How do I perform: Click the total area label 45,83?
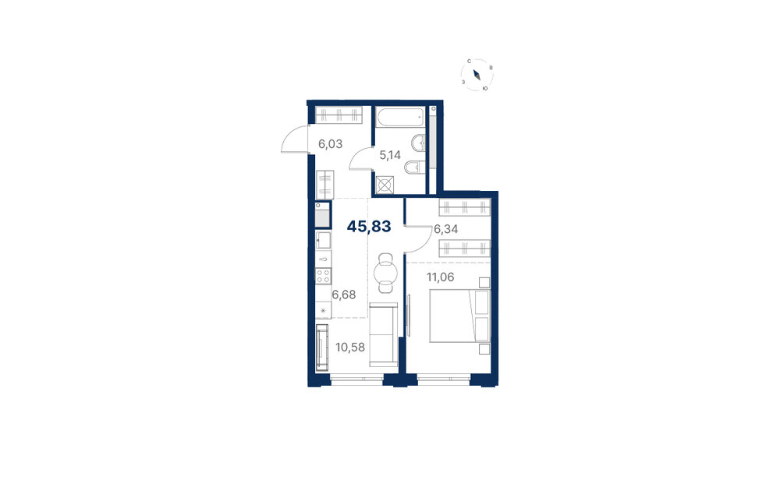click(x=369, y=227)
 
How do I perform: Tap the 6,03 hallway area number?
click(x=330, y=144)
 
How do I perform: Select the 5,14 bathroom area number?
click(x=390, y=155)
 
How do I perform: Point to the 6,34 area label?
click(x=445, y=229)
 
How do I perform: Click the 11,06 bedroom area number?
click(x=440, y=277)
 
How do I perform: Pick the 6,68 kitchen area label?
click(x=344, y=295)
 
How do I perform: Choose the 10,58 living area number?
click(x=350, y=348)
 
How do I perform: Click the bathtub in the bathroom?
click(x=400, y=118)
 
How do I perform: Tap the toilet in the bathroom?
click(x=414, y=168)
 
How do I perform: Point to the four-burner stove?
click(x=324, y=276)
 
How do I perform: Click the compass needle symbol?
click(x=477, y=75)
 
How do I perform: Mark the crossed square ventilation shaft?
click(x=385, y=185)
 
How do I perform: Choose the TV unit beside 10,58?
click(x=322, y=348)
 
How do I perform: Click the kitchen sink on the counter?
click(x=324, y=241)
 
